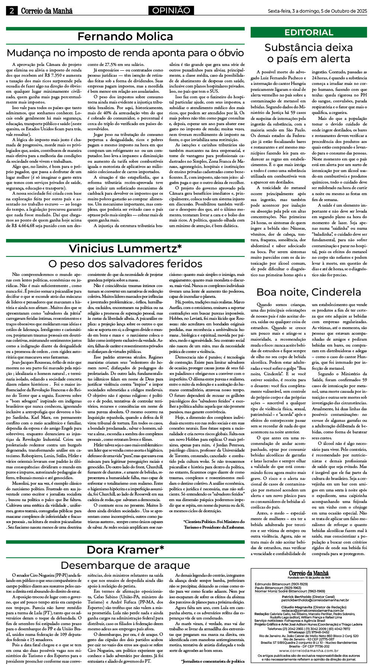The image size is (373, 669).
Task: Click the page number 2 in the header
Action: coord(12,11)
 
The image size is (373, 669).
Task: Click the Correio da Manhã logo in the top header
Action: coord(46,11)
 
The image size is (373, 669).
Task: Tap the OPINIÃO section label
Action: coord(171,10)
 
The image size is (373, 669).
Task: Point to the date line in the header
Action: coord(317,11)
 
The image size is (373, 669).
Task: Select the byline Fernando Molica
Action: coord(125,36)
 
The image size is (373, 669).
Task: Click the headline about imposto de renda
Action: coord(125,52)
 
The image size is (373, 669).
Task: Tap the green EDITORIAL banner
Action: coord(309,32)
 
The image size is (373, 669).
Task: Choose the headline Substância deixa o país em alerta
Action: coord(309,53)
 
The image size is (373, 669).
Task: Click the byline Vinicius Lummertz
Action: coord(125,248)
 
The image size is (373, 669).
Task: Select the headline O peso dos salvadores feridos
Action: coord(125,264)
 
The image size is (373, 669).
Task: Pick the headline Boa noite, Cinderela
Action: coord(309,292)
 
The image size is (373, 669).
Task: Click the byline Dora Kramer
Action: coord(125,550)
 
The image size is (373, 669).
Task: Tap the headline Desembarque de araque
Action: coord(125,565)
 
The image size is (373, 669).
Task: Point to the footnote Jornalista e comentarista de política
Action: coord(213,661)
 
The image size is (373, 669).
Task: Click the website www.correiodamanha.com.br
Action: coord(309,650)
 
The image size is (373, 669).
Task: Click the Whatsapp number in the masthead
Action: coord(309,632)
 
